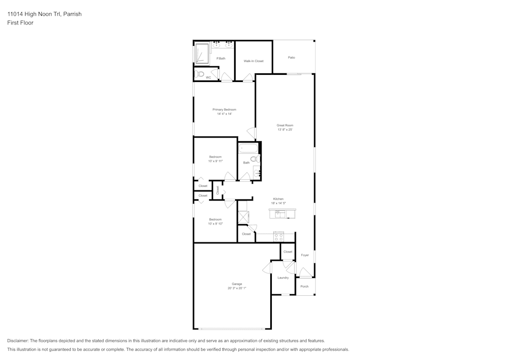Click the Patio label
pos(291,58)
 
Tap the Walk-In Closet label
pos(253,61)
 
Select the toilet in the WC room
pos(201,75)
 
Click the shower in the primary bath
pos(202,53)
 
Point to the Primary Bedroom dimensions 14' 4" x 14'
pos(224,114)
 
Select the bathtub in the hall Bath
pos(248,149)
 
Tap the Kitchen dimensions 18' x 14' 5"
pos(278,203)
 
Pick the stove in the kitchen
pos(278,236)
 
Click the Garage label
pos(237,284)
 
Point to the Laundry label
pos(283,278)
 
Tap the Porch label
pos(304,286)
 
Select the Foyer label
pos(305,255)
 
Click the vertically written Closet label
pos(218,189)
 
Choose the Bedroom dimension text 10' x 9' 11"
pos(215,161)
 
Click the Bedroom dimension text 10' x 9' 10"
pos(215,224)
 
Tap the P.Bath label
pos(221,59)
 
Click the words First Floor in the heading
pos(20,23)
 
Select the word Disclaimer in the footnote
pos(18,341)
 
